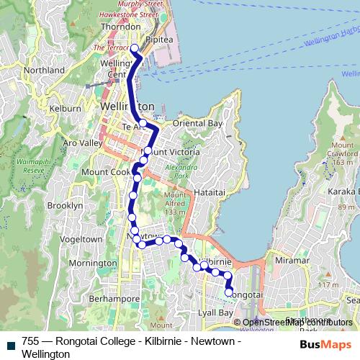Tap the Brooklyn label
click(65, 205)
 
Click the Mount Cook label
click(104, 172)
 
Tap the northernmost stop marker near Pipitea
click(134, 49)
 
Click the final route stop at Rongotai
click(229, 293)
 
